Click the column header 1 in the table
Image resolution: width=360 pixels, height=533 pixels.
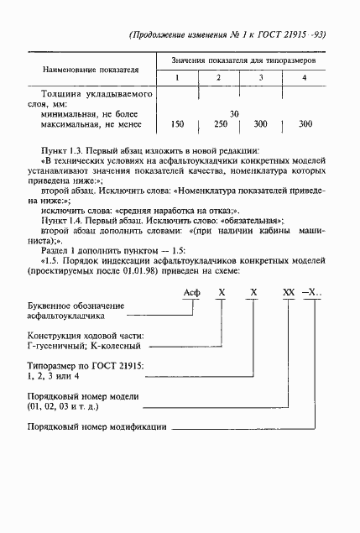click(177, 78)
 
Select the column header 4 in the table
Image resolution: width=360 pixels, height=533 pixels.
click(304, 78)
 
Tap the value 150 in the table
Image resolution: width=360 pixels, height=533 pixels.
click(177, 124)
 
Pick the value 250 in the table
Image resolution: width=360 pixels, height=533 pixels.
click(221, 124)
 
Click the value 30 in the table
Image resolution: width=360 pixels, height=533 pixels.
click(234, 112)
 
